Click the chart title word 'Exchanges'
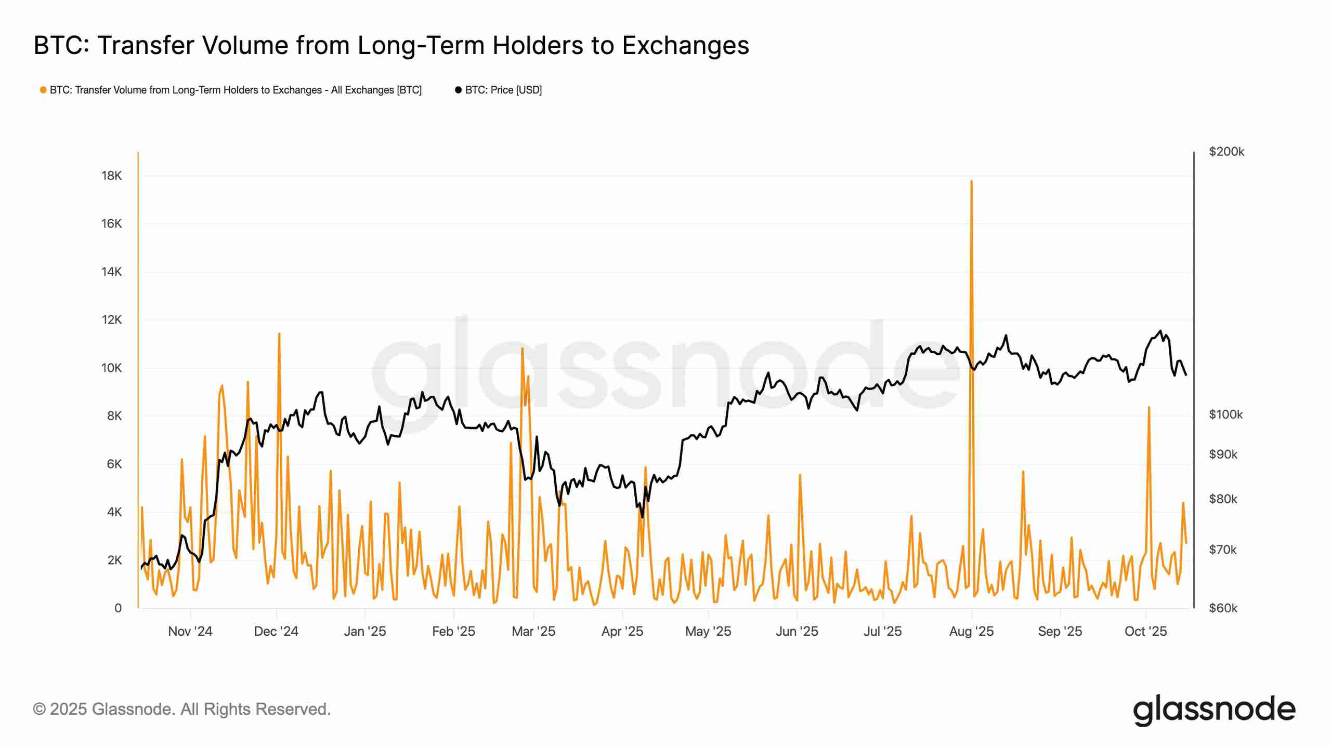pyautogui.click(x=686, y=46)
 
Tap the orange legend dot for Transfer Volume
pyautogui.click(x=43, y=90)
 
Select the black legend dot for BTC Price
pyautogui.click(x=458, y=90)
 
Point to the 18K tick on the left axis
pyautogui.click(x=111, y=176)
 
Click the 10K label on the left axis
pyautogui.click(x=111, y=368)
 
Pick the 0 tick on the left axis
pyautogui.click(x=118, y=608)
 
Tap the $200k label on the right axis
pyautogui.click(x=1226, y=152)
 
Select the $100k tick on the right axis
pyautogui.click(x=1226, y=415)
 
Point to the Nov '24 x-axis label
pyautogui.click(x=190, y=631)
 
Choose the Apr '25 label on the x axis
pyautogui.click(x=622, y=631)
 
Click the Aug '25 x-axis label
pyautogui.click(x=971, y=631)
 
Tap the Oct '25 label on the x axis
pyautogui.click(x=1146, y=631)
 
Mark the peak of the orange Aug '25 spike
pyautogui.click(x=971, y=181)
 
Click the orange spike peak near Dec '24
pyautogui.click(x=279, y=333)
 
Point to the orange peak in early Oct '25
pyautogui.click(x=1149, y=407)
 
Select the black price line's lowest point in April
pyautogui.click(x=643, y=517)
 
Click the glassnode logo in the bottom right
pyautogui.click(x=1214, y=710)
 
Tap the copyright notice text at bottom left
pyautogui.click(x=182, y=709)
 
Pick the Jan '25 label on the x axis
pyautogui.click(x=365, y=631)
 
